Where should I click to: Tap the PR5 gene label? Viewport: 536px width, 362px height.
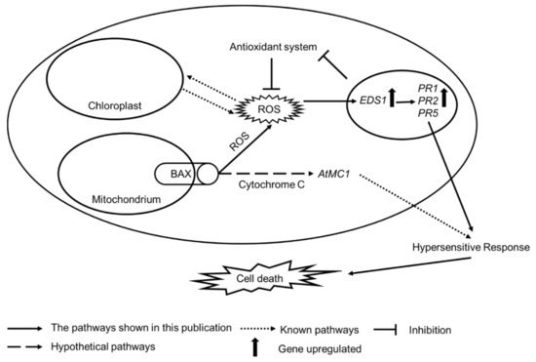pos(426,115)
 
